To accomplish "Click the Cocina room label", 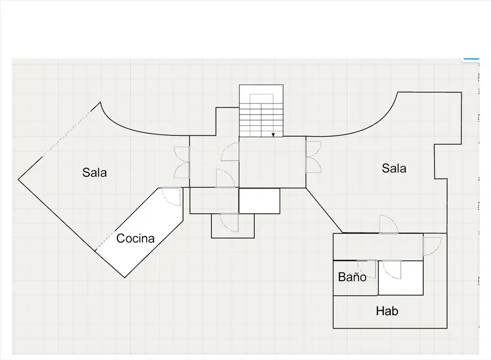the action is [x=135, y=238].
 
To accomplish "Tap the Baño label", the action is [x=352, y=276].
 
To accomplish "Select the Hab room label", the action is [x=387, y=311].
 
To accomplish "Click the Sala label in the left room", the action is [x=94, y=173].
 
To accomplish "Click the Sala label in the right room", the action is [x=394, y=168].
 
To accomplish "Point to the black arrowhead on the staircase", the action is [x=273, y=135].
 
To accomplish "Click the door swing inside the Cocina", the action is [x=171, y=196].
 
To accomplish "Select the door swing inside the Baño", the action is [x=366, y=269].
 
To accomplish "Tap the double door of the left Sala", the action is [x=182, y=162].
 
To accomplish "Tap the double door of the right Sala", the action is [x=313, y=157].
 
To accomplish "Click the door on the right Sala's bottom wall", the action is [x=389, y=224].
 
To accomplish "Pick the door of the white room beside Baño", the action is [x=392, y=270].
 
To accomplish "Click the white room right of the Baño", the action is [x=401, y=278].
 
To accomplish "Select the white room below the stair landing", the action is [x=259, y=201].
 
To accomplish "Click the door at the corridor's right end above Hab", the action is [x=432, y=246].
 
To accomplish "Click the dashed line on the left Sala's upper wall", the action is [x=66, y=134].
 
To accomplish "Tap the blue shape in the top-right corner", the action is [x=471, y=59].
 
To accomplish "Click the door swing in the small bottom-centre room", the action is [x=229, y=223].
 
